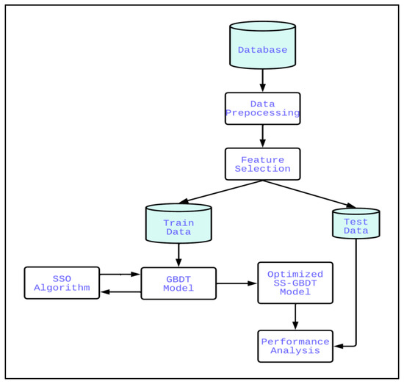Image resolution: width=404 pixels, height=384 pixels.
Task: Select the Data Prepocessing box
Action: pyautogui.click(x=262, y=108)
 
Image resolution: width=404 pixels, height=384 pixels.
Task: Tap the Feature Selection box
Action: pyautogui.click(x=262, y=164)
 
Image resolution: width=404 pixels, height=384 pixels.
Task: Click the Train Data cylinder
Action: pyautogui.click(x=178, y=224)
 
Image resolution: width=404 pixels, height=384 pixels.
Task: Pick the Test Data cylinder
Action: pyautogui.click(x=356, y=224)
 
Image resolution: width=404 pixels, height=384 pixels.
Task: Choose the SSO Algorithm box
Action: pyautogui.click(x=62, y=283)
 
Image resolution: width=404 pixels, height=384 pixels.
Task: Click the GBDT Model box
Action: pyautogui.click(x=178, y=283)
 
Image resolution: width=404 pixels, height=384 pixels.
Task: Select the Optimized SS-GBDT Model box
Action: pyautogui.click(x=295, y=283)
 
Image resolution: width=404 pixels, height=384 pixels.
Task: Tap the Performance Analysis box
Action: pyautogui.click(x=295, y=346)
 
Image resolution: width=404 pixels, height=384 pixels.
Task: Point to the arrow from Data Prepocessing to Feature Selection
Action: pyautogui.click(x=262, y=136)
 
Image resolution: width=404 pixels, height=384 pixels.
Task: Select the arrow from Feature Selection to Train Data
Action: pyautogui.click(x=220, y=192)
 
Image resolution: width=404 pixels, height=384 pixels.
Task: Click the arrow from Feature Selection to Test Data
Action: pyautogui.click(x=309, y=194)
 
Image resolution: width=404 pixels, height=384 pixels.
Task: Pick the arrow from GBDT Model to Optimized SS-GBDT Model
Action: pyautogui.click(x=237, y=283)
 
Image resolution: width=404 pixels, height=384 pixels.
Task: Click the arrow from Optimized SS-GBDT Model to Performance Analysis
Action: pyautogui.click(x=295, y=317)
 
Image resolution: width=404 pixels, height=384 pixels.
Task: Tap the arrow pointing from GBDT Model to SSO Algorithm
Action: pyautogui.click(x=120, y=292)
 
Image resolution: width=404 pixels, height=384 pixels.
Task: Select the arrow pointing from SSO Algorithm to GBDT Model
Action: pyautogui.click(x=120, y=275)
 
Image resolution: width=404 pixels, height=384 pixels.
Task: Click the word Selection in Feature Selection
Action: pyautogui.click(x=262, y=169)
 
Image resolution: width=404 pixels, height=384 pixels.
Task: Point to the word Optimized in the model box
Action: pyautogui.click(x=295, y=273)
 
